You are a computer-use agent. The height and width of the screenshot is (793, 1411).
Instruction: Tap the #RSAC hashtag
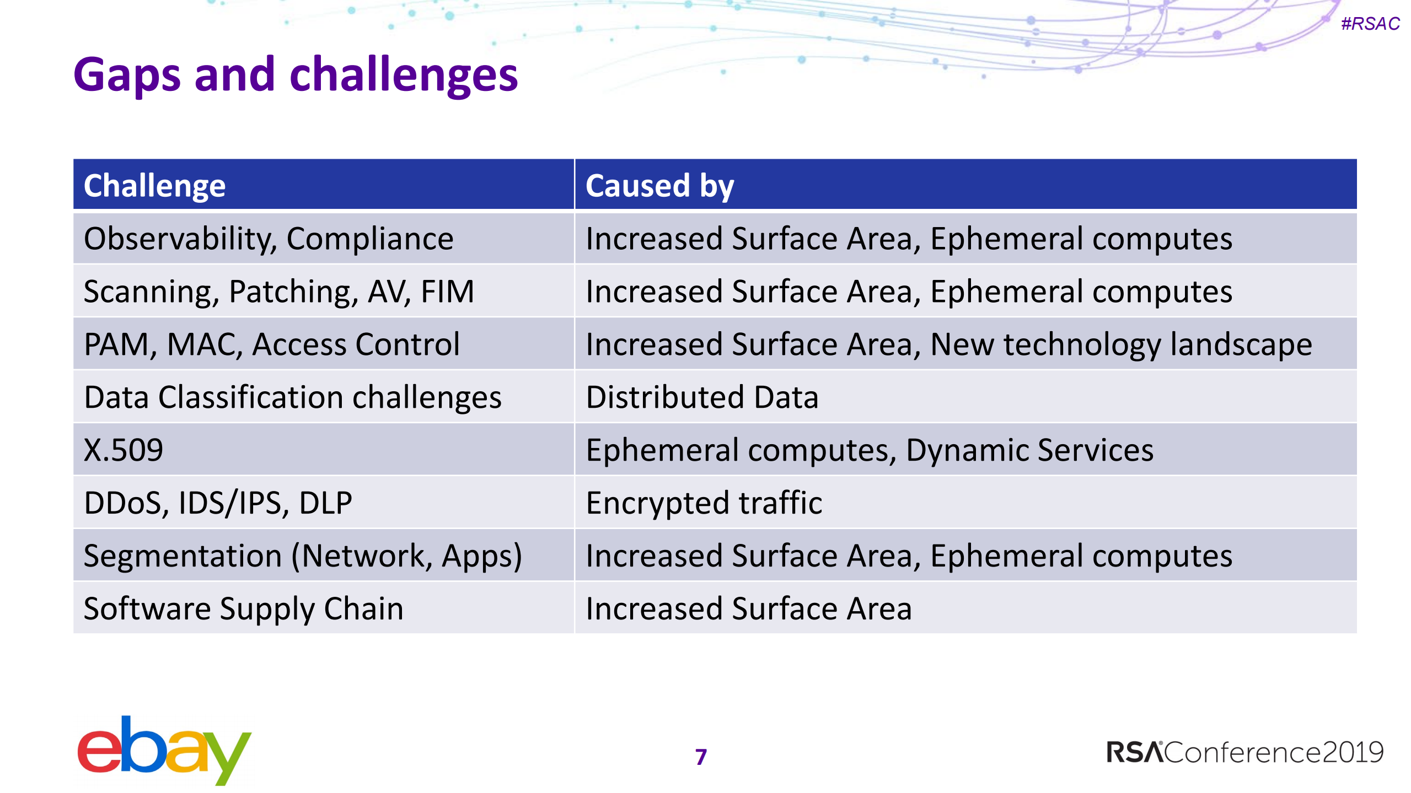(x=1370, y=24)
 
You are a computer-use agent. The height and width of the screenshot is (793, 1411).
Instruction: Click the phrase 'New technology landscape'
(x=1122, y=344)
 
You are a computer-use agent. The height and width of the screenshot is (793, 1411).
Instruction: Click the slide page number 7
(x=701, y=757)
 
